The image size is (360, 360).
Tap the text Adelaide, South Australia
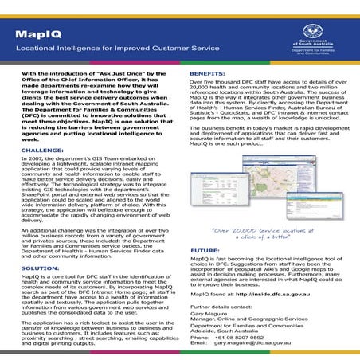229,327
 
